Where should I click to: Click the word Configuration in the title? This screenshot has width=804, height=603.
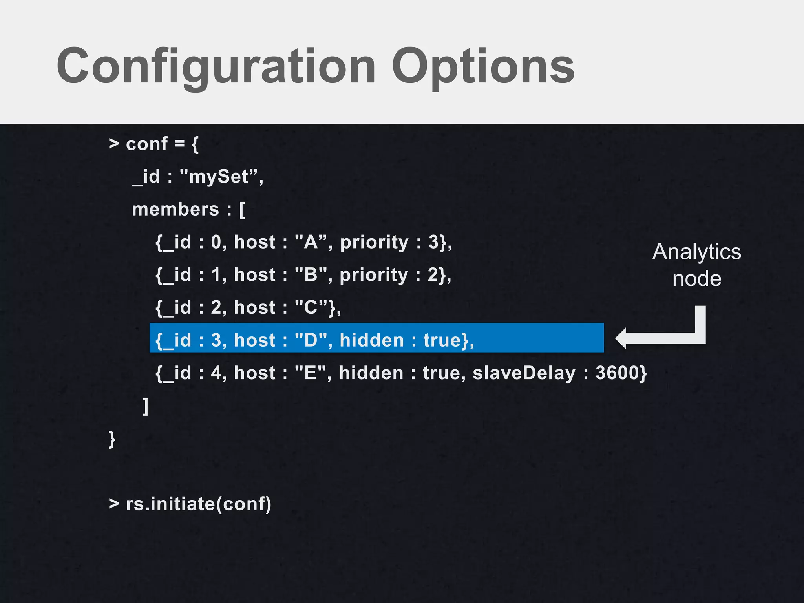(216, 66)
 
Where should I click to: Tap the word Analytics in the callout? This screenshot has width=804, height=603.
(697, 252)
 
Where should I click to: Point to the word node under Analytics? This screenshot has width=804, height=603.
(697, 279)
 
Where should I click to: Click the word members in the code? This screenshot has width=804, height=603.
(175, 209)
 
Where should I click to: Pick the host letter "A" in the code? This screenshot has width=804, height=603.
(311, 242)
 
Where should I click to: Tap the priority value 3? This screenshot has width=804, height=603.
(433, 242)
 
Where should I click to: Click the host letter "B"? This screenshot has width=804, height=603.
(311, 275)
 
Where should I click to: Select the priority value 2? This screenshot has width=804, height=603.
(433, 275)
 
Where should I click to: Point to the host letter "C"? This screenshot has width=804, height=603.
(311, 307)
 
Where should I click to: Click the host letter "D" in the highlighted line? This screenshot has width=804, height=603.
(311, 340)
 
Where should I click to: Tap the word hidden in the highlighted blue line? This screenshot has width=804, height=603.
(372, 340)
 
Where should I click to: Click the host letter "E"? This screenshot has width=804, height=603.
(310, 373)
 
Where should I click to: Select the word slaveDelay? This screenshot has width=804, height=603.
(524, 373)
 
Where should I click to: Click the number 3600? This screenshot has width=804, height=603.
(618, 373)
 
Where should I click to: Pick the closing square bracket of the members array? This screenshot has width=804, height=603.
(146, 406)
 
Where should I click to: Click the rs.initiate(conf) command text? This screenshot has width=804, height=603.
(198, 504)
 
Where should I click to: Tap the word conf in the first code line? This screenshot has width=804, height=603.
(147, 144)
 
